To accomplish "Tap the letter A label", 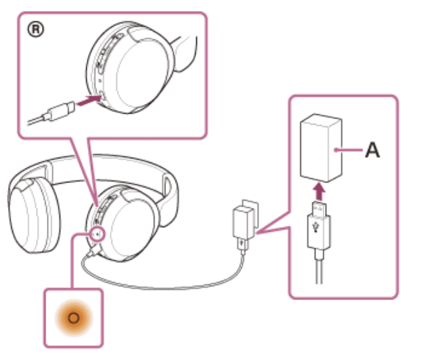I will tap(371, 150).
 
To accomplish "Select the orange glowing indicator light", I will tap(73, 318).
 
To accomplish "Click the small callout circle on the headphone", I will tap(97, 233).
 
